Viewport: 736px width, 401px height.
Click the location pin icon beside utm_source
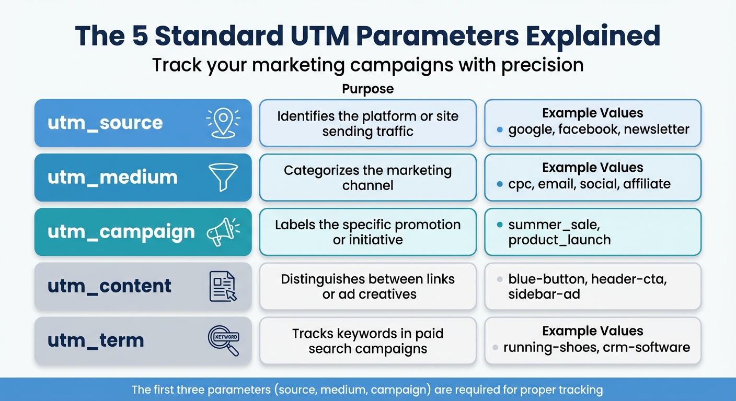pyautogui.click(x=223, y=123)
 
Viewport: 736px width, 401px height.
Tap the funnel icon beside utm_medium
pyautogui.click(x=223, y=177)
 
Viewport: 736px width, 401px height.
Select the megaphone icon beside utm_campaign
pyautogui.click(x=223, y=232)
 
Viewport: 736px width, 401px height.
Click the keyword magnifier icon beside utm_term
pyautogui.click(x=223, y=340)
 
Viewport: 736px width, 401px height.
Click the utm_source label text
pyautogui.click(x=105, y=123)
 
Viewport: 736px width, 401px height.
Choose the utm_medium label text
pyautogui.click(x=112, y=178)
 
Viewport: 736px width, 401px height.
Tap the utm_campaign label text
pyautogui.click(x=121, y=232)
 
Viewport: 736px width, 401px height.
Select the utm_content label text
pyautogui.click(x=109, y=286)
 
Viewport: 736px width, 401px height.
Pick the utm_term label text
pyautogui.click(x=96, y=340)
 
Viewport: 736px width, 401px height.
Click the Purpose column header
pyautogui.click(x=367, y=89)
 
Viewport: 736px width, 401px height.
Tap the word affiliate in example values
pyautogui.click(x=647, y=184)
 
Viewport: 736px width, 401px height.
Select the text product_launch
pyautogui.click(x=559, y=240)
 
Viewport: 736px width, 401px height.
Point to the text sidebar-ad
pyautogui.click(x=544, y=294)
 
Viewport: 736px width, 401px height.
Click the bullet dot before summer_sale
pyautogui.click(x=500, y=225)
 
